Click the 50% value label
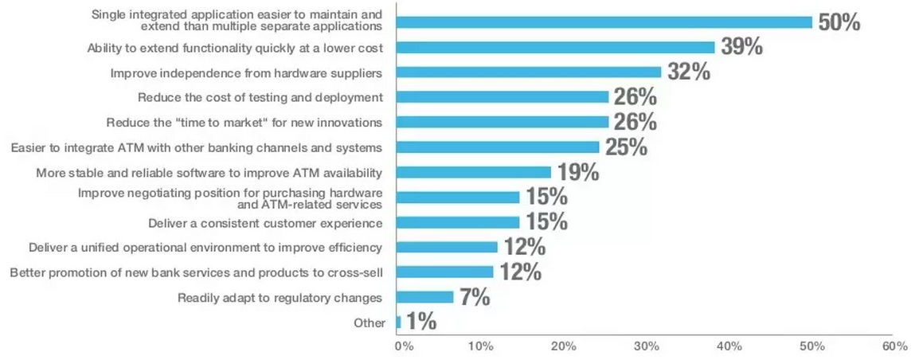tap(839, 22)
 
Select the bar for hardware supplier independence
tap(529, 72)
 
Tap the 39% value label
tap(741, 47)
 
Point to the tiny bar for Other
tap(399, 323)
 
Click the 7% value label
tap(473, 298)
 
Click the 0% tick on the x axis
tap(404, 346)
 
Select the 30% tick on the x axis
tap(647, 346)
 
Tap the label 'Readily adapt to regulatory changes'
tap(280, 298)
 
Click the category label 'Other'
tap(368, 323)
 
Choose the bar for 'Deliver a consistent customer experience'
tap(458, 222)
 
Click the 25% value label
tap(626, 147)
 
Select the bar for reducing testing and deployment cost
tap(503, 97)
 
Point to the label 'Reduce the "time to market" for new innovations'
tap(245, 123)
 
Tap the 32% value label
tap(688, 72)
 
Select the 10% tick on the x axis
tap(481, 346)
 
